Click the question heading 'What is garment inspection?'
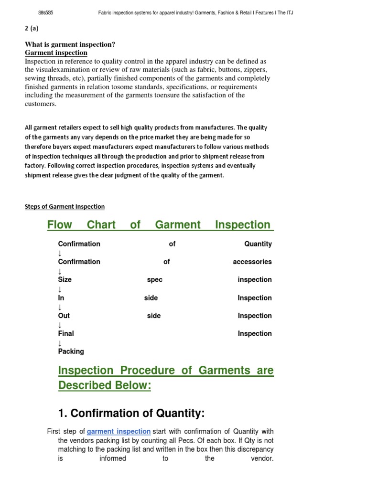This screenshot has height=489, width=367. (x=70, y=45)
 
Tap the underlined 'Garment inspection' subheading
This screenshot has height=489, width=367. (x=56, y=53)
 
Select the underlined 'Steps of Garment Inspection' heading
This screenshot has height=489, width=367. (x=65, y=207)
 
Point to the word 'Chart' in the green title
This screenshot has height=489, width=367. (x=101, y=224)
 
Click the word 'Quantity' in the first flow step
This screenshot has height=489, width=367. (x=258, y=244)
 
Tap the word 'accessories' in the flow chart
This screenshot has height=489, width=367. (x=252, y=262)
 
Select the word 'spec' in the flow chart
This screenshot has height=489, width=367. (x=155, y=280)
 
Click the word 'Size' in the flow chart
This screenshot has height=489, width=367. (x=65, y=280)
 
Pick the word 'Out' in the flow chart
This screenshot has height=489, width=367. (x=64, y=316)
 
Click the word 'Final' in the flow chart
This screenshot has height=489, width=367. (x=66, y=334)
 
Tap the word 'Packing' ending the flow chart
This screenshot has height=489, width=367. (x=71, y=351)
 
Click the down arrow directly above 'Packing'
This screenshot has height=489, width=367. (x=60, y=343)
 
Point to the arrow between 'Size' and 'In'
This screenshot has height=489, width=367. (x=60, y=289)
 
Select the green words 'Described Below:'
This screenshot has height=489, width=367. (x=105, y=385)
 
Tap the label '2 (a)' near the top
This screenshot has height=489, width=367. (x=32, y=28)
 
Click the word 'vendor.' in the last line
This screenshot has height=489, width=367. (x=261, y=458)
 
